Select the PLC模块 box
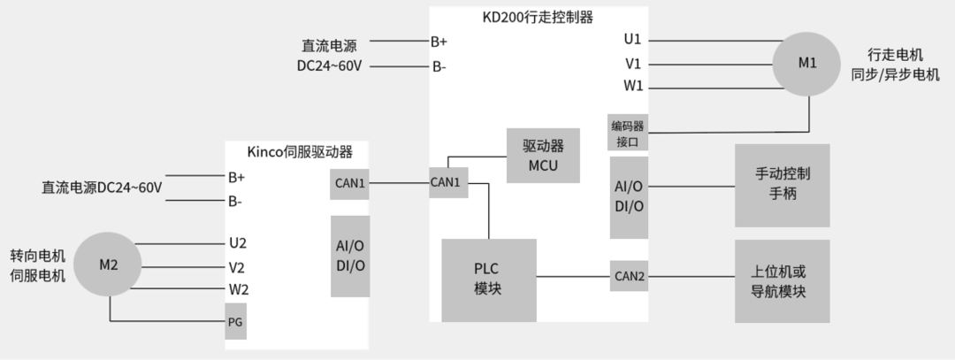click(488, 280)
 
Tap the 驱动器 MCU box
click(543, 156)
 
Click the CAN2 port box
click(629, 277)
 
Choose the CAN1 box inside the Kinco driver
click(349, 183)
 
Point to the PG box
click(234, 322)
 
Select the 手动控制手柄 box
click(783, 185)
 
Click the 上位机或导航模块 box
click(783, 280)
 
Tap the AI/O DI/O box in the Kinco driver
click(350, 257)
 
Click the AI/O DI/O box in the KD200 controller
click(629, 196)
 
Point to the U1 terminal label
click(632, 40)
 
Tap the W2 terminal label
click(238, 289)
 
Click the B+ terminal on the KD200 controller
click(439, 41)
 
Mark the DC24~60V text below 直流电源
click(329, 66)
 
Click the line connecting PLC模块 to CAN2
click(573, 277)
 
